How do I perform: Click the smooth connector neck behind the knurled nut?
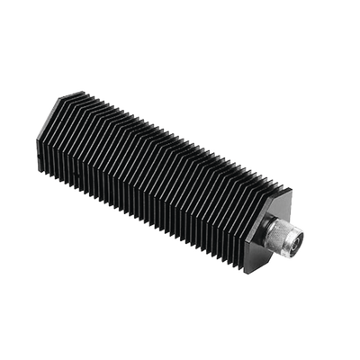click(x=273, y=231)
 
